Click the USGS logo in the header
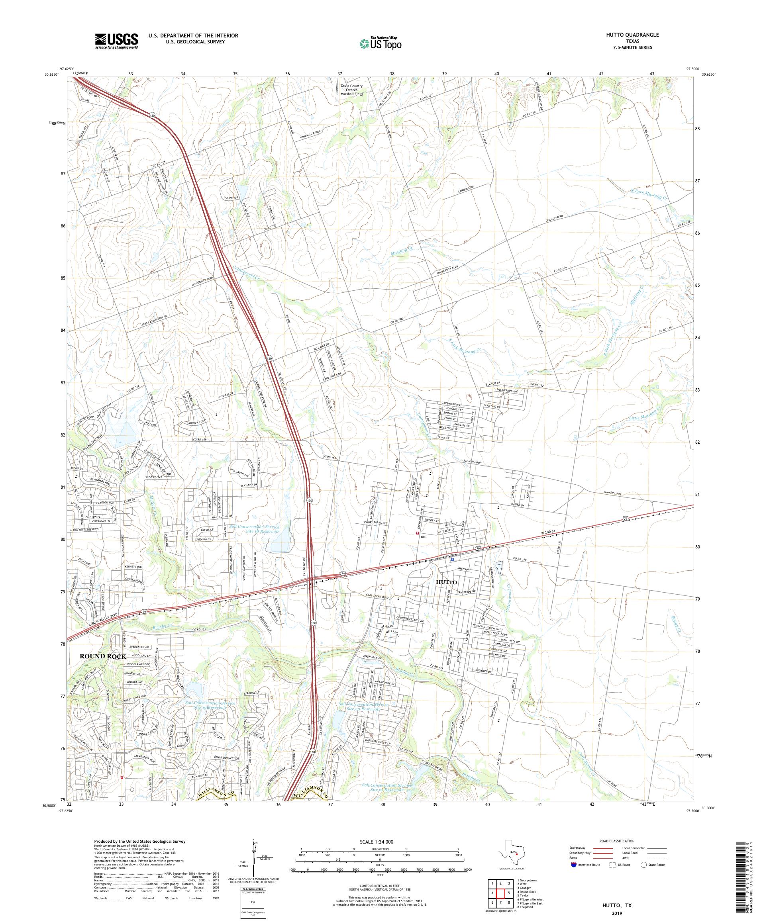117,41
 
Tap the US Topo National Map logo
381,43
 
